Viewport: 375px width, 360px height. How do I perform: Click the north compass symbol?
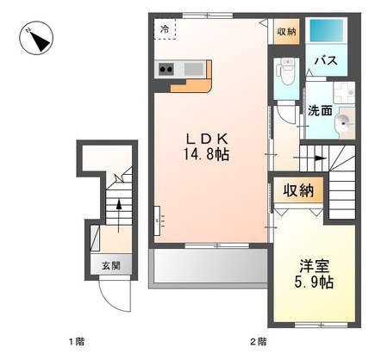(36, 38)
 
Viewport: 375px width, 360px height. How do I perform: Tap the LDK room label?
(207, 140)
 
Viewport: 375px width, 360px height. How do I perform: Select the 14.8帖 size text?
(207, 155)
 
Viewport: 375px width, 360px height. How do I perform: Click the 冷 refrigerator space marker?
(165, 29)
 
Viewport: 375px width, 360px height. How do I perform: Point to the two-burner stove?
(166, 69)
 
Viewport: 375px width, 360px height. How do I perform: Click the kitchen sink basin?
(193, 69)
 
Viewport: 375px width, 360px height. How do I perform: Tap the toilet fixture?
(285, 71)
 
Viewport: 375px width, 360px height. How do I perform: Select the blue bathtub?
(327, 30)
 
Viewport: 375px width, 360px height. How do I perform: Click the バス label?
(326, 60)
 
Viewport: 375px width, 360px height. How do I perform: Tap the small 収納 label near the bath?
(286, 31)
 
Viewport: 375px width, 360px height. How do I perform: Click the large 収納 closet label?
(298, 190)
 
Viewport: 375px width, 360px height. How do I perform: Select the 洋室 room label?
(314, 266)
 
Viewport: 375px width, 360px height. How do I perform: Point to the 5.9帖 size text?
(314, 282)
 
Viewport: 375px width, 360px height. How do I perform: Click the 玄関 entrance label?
(111, 266)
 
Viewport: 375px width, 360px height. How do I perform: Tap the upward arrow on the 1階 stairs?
(119, 214)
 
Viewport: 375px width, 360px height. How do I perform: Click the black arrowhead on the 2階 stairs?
(321, 158)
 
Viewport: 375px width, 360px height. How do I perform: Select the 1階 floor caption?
(77, 342)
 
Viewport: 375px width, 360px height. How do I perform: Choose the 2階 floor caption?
(259, 342)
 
